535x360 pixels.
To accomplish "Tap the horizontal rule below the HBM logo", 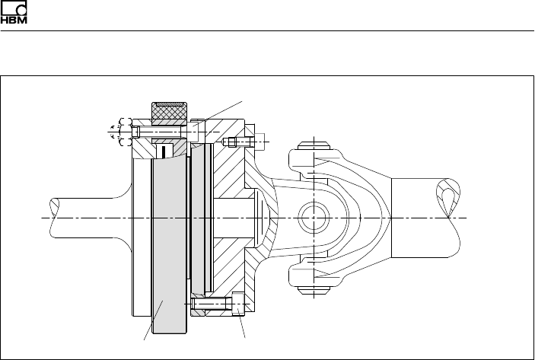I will pyautogui.click(x=267, y=31).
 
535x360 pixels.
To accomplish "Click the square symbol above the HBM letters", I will pyautogui.click(x=14, y=7).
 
